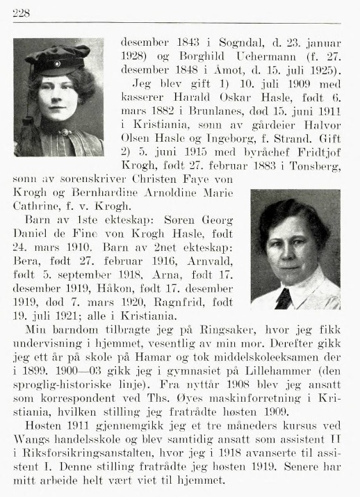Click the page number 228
point(20,12)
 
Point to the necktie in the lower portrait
point(283,297)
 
